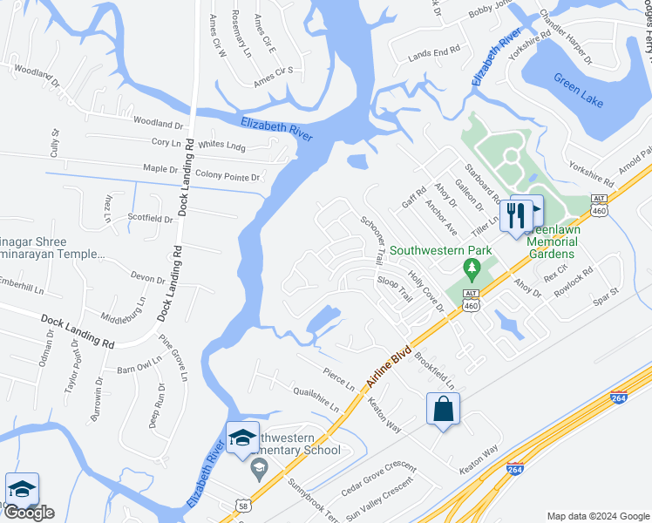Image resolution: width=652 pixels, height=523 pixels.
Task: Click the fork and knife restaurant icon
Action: coord(515,213)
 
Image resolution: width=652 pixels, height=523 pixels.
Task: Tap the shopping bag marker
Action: coord(443,408)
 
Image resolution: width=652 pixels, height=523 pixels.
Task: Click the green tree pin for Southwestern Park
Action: coord(472,266)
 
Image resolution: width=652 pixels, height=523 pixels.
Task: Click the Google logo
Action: coord(29,513)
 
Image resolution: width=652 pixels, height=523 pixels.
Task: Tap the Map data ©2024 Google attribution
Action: coord(598,515)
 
